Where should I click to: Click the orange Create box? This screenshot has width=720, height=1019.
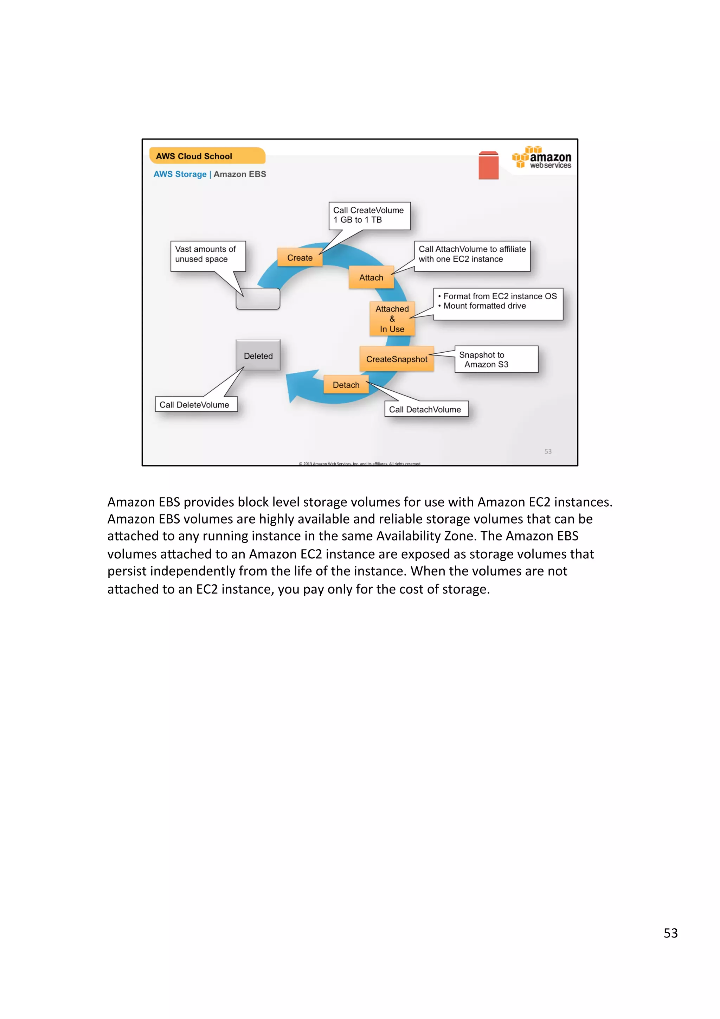(x=300, y=257)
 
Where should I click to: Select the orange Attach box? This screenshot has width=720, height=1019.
(x=371, y=277)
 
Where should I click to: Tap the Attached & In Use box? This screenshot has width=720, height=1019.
(x=392, y=319)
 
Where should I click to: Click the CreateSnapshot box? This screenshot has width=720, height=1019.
(x=396, y=359)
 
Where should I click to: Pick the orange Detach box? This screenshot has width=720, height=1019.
(x=346, y=385)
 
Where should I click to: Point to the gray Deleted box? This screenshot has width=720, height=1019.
(x=258, y=355)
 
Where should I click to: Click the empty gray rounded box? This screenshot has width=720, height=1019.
(x=258, y=299)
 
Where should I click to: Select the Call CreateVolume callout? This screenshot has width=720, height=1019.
(x=369, y=215)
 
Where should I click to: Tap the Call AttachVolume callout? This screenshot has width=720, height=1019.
(x=472, y=254)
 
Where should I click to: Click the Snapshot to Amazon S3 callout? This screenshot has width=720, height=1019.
(x=496, y=359)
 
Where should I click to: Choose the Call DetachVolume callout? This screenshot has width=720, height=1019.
(x=426, y=409)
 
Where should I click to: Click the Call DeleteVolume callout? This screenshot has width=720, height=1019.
(x=195, y=404)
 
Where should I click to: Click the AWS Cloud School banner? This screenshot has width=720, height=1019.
(x=207, y=156)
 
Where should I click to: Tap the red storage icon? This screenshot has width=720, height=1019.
(x=488, y=166)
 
